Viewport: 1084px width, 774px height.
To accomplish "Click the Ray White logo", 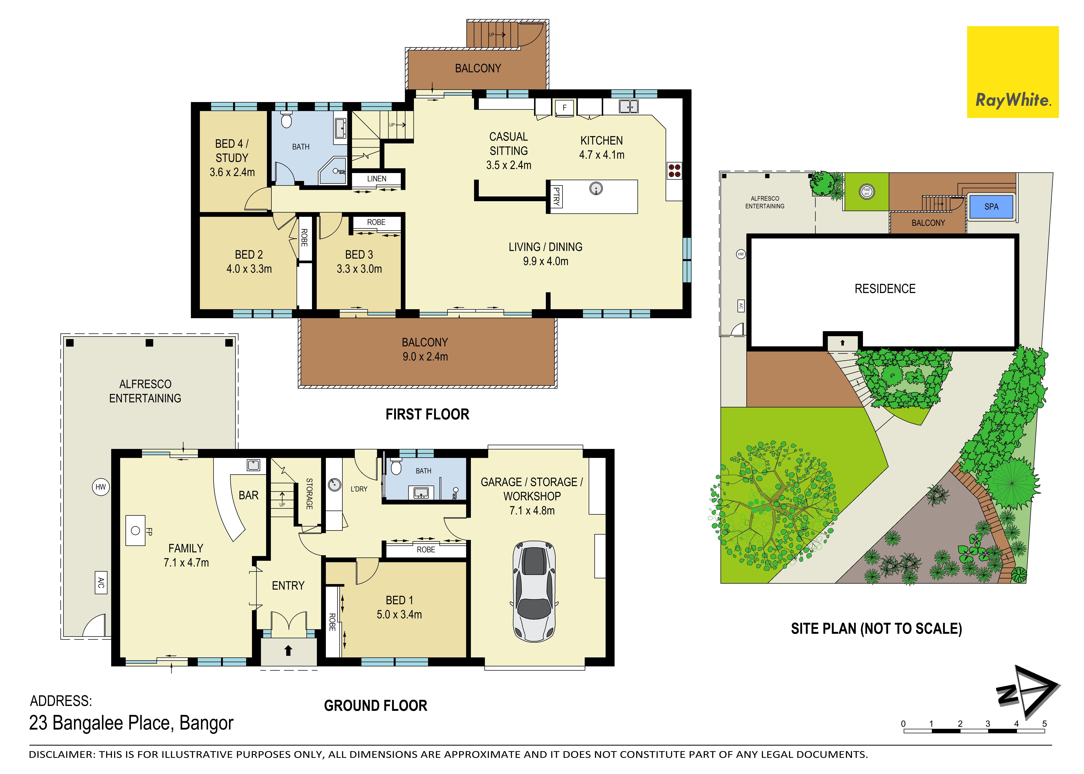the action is pyautogui.click(x=1012, y=72).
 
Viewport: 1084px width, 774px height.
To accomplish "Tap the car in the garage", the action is pyautogui.click(x=534, y=591).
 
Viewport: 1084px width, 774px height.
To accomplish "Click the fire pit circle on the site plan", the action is pyautogui.click(x=867, y=192).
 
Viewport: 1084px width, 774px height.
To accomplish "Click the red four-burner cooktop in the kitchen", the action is pyautogui.click(x=674, y=171).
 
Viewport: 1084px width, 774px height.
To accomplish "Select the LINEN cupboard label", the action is pyautogui.click(x=376, y=179).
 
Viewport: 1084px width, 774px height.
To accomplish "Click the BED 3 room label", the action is pyautogui.click(x=359, y=254).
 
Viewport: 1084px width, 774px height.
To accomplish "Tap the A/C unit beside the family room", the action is pyautogui.click(x=101, y=582).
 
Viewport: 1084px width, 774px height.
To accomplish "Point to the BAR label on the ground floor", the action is pyautogui.click(x=248, y=496).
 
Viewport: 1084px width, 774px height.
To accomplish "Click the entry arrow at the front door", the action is pyautogui.click(x=288, y=651).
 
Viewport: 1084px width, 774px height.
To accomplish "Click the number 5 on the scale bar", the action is pyautogui.click(x=1044, y=724).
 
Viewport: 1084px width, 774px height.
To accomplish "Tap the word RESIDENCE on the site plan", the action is pyautogui.click(x=885, y=289).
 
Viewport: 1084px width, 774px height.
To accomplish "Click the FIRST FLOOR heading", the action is pyautogui.click(x=427, y=414).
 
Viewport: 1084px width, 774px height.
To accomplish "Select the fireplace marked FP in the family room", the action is pyautogui.click(x=136, y=530).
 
